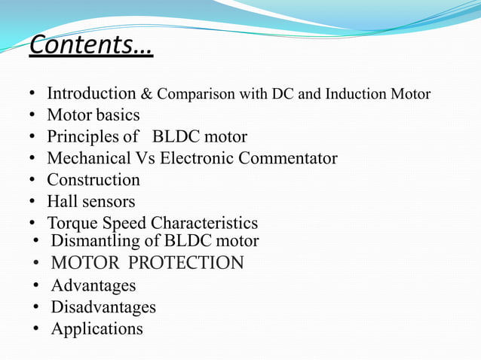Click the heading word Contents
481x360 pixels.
coord(90,45)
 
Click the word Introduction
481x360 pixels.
coord(91,94)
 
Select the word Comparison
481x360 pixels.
coord(193,95)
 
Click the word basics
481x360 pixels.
coord(117,116)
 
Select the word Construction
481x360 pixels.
coord(93,181)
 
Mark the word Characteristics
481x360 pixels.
coord(204,224)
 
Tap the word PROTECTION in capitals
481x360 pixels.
coord(188,264)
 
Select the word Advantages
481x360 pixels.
coord(93,286)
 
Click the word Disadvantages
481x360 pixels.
coord(103,308)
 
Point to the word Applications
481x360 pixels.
coord(97,330)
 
